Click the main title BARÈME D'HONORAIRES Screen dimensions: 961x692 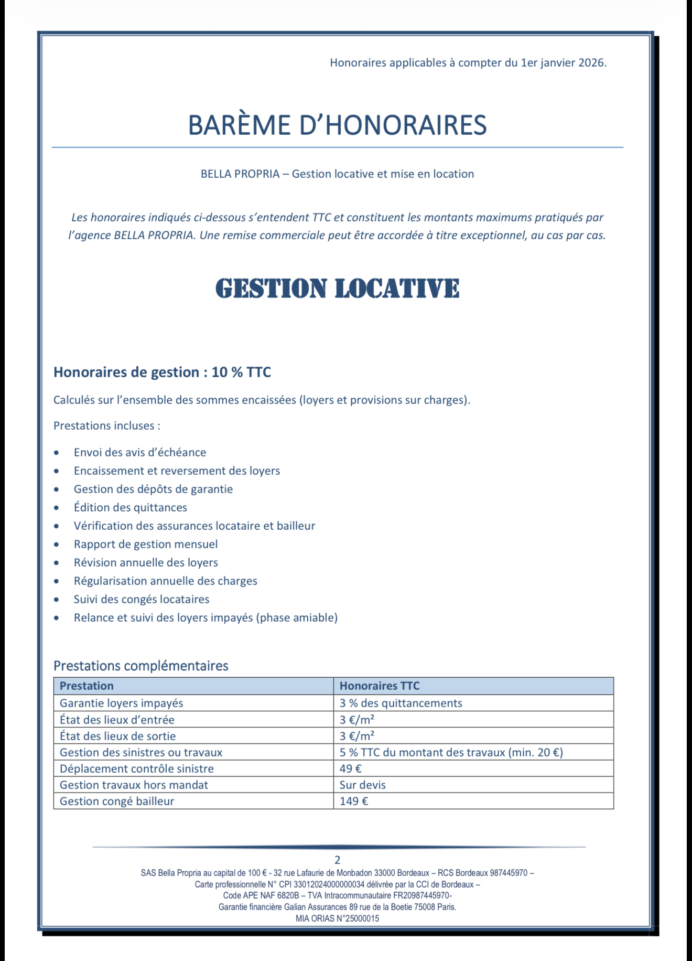(337, 125)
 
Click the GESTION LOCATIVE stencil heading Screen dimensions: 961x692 (337, 289)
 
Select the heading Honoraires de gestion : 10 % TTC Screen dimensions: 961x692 (162, 372)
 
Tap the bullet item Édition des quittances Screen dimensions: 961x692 (130, 507)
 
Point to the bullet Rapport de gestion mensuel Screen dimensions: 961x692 (145, 544)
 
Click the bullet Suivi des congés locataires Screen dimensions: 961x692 (141, 599)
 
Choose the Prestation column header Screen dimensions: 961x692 (87, 686)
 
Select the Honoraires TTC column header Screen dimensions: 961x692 (380, 686)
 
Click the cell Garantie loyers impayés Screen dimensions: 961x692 (121, 703)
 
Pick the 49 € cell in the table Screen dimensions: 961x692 (351, 768)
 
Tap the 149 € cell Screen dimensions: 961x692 (354, 801)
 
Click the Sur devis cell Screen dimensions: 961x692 (362, 785)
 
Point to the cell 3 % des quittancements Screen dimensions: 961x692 (401, 703)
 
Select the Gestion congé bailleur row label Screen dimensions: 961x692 (116, 801)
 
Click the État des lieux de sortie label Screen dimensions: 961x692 (117, 736)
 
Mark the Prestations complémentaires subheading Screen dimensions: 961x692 (140, 666)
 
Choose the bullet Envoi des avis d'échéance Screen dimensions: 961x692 (139, 452)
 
